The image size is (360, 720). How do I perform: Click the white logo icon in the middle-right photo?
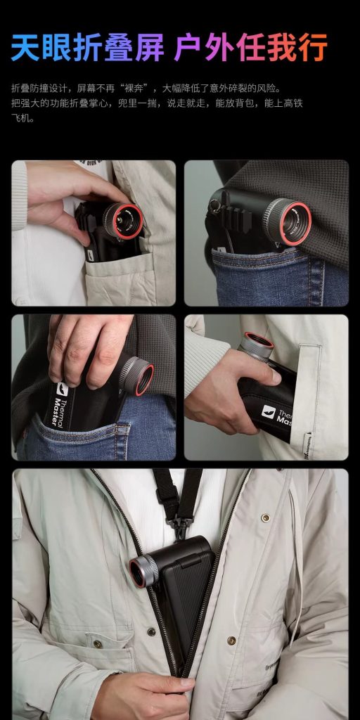coord(268,411)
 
